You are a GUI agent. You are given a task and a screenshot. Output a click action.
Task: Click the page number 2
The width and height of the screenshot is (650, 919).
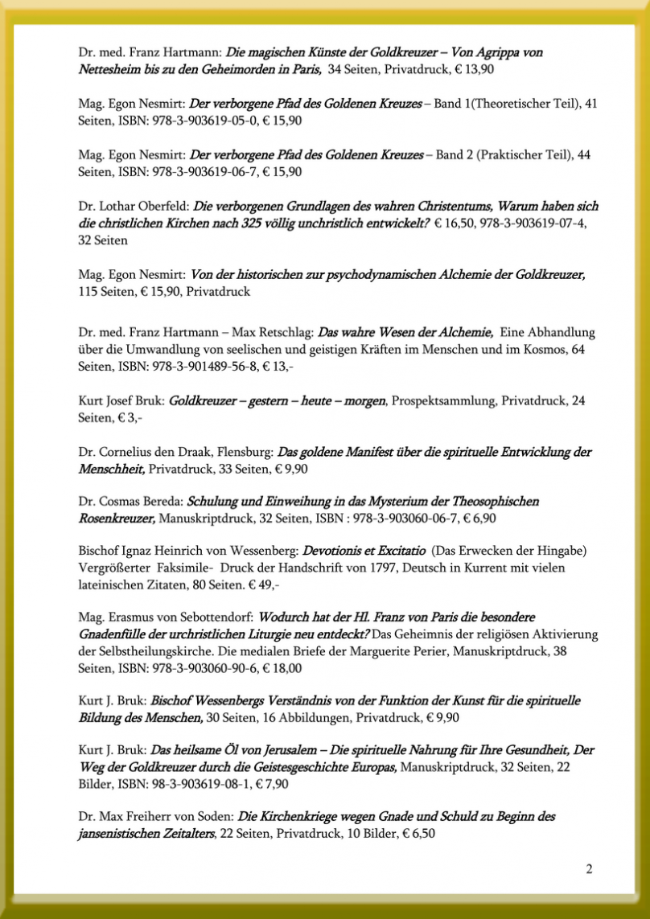click(589, 869)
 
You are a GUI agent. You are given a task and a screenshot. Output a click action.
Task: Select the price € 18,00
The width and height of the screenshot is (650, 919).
click(288, 669)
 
